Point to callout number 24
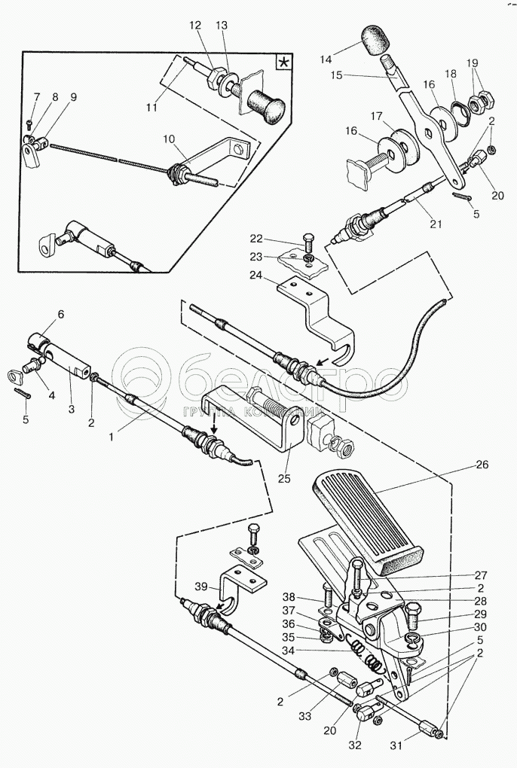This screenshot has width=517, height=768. point(257,276)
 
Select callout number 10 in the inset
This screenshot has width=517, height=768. point(169,139)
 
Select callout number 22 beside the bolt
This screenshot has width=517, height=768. point(257,239)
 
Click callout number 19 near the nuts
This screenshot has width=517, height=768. point(472,62)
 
